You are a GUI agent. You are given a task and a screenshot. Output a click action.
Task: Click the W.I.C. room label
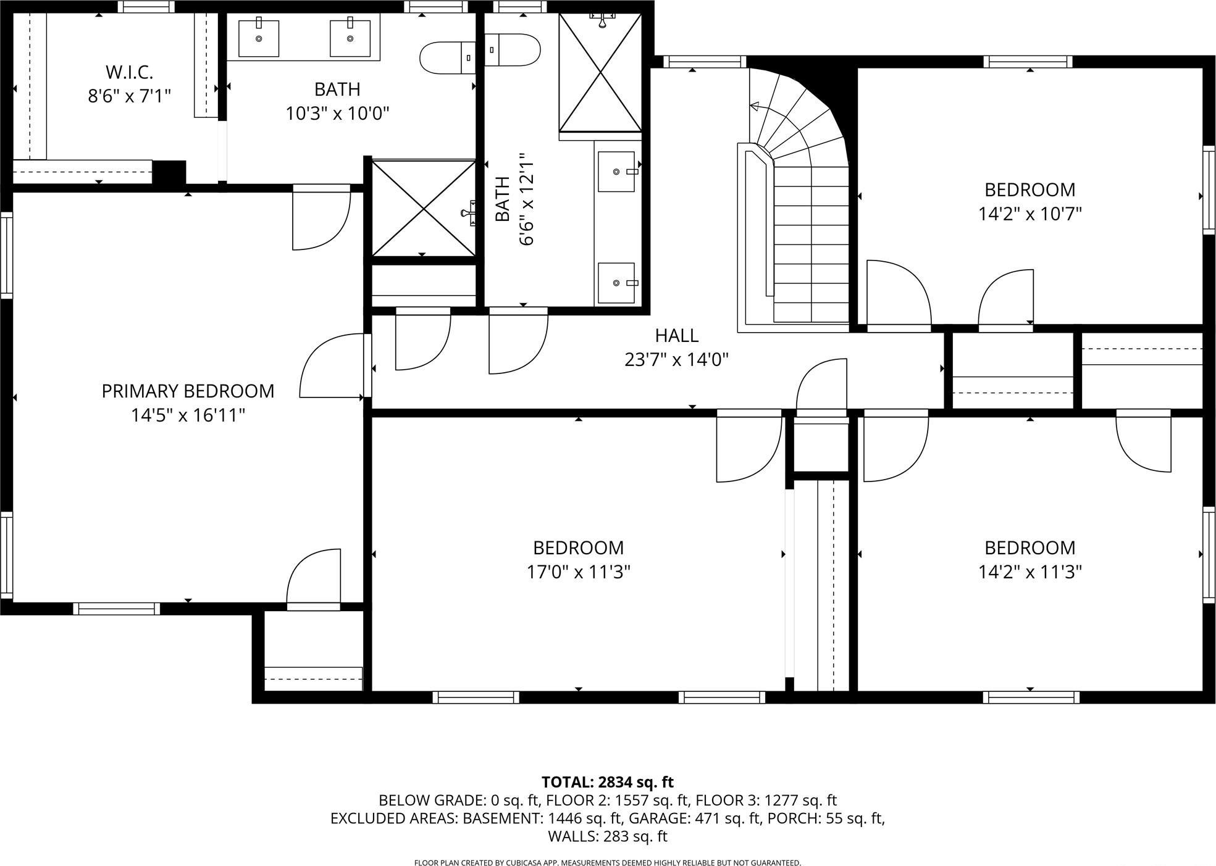pos(129,72)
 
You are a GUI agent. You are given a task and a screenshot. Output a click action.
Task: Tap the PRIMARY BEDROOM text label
pos(188,391)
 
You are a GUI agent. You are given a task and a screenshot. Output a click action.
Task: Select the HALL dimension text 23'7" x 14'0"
pos(676,359)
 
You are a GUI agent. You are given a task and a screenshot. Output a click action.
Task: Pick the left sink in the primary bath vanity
pos(259,38)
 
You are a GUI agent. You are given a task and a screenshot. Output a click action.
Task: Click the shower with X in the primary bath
pos(423,208)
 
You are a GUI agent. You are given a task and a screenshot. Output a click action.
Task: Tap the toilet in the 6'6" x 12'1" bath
pos(513,50)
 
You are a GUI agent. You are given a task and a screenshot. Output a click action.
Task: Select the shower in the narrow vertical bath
pos(600,73)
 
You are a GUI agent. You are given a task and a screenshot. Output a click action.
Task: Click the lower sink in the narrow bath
pos(616,283)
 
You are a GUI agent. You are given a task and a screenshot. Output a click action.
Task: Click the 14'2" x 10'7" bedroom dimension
pos(1029,214)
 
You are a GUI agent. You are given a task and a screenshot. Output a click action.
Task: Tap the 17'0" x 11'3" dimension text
pos(578,572)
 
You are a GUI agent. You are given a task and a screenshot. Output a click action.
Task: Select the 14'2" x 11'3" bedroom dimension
pos(1029,572)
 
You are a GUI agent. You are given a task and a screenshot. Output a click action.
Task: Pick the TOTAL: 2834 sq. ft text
pos(607,782)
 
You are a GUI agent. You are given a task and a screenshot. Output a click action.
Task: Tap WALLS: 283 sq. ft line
pos(607,836)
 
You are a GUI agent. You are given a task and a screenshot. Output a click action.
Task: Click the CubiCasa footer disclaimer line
pos(607,862)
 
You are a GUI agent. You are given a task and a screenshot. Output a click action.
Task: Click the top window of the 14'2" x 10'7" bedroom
pos(1027,62)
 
